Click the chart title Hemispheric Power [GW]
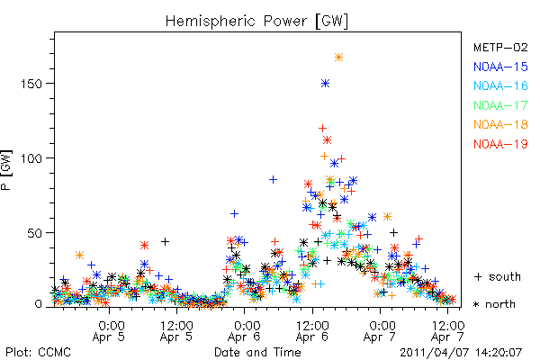[x=256, y=21]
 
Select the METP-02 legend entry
[x=500, y=47]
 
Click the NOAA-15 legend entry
[x=500, y=67]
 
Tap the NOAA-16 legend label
[x=500, y=85]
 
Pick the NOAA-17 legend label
[x=500, y=105]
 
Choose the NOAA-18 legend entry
[x=500, y=124]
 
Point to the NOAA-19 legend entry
[x=500, y=144]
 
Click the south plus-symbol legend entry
[x=498, y=276]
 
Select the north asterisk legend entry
[x=494, y=304]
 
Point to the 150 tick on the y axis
[x=31, y=84]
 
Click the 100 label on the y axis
[x=31, y=158]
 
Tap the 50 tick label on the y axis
[x=35, y=233]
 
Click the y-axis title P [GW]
[x=6, y=170]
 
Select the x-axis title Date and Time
[x=257, y=352]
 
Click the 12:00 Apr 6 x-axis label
[x=312, y=331]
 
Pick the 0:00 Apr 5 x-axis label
[x=109, y=331]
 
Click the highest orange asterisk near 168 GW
[x=339, y=58]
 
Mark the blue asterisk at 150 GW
[x=326, y=84]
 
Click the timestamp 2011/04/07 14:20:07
[x=461, y=353]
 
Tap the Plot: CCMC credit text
[x=38, y=352]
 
